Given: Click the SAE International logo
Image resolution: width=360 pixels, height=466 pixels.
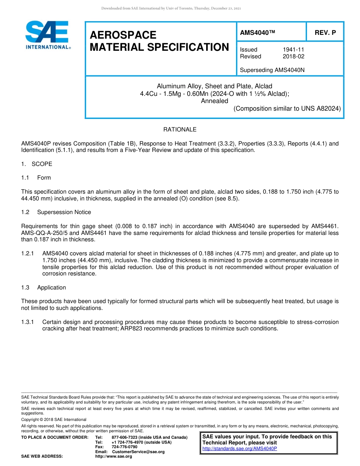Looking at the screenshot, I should pyautogui.click(x=48, y=35).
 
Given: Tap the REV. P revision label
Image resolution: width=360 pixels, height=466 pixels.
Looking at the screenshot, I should pyautogui.click(x=325, y=33).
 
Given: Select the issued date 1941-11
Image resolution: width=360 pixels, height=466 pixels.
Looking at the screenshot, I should pyautogui.click(x=293, y=50).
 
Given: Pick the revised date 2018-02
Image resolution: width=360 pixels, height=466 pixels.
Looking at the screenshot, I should pyautogui.click(x=293, y=56).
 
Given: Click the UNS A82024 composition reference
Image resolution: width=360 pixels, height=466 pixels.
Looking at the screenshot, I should pyautogui.click(x=321, y=108).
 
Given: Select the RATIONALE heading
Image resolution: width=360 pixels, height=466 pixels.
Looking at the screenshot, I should pyautogui.click(x=180, y=130).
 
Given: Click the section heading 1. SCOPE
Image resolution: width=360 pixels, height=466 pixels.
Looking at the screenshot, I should pyautogui.click(x=37, y=164).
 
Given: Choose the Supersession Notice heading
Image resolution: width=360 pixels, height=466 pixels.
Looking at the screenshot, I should pyautogui.click(x=64, y=212).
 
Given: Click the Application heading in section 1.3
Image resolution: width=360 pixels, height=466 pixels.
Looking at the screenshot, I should pyautogui.click(x=52, y=288).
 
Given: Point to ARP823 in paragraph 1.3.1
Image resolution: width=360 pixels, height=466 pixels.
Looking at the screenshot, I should pyautogui.click(x=131, y=328).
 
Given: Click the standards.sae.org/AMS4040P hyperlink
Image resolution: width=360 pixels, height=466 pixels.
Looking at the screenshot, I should pyautogui.click(x=239, y=449).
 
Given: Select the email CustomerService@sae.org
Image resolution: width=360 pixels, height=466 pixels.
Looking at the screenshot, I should pyautogui.click(x=138, y=452).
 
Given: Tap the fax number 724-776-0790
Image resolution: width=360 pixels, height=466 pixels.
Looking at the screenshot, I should pyautogui.click(x=124, y=447).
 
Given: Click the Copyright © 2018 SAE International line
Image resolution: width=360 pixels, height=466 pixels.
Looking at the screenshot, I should pyautogui.click(x=54, y=419).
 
